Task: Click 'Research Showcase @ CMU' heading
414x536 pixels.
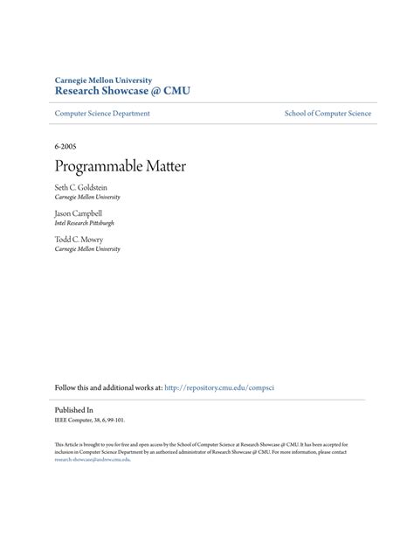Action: pos(122,90)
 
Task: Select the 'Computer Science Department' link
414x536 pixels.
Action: pos(102,114)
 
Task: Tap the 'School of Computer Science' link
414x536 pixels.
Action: pos(328,114)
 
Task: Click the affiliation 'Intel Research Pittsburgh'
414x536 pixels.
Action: pos(85,223)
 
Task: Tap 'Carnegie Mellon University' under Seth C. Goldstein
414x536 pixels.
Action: pos(87,198)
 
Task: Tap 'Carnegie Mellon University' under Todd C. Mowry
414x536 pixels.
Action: pos(87,249)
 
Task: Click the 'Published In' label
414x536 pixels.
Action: pos(73,409)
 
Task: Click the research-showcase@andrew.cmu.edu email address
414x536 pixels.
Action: pos(92,458)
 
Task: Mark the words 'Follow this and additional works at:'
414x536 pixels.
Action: pos(108,386)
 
